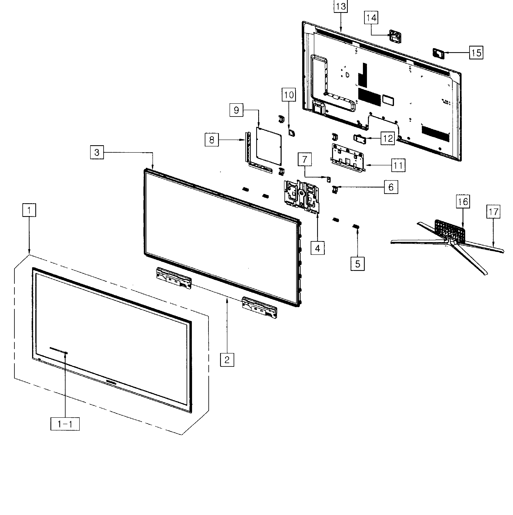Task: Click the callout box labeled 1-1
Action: point(65,424)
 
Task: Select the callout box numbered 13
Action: point(341,6)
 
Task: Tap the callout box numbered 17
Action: point(493,212)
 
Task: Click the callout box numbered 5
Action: point(358,264)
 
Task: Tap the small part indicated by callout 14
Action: point(395,36)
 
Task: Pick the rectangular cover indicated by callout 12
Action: point(360,139)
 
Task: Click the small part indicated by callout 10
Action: point(291,132)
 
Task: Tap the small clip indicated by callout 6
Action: point(335,190)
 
